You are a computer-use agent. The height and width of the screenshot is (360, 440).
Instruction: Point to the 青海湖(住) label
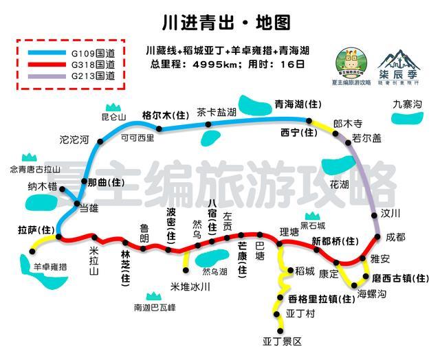pos(298,104)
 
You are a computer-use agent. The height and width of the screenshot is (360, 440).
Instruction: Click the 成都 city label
pos(396,236)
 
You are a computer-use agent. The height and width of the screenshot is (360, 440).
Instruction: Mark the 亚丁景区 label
pos(282,341)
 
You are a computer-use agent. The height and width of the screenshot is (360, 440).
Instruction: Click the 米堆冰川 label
pos(190,286)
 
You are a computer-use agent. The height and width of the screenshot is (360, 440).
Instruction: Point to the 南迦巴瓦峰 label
pos(155,308)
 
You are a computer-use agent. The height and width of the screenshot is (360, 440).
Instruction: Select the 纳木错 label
pos(42,186)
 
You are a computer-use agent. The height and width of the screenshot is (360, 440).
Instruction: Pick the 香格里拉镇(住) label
pos(313,298)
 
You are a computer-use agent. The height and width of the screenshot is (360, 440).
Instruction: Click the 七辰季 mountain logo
pos(400,60)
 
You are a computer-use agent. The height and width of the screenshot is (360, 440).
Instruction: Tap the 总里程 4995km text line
pos(226,64)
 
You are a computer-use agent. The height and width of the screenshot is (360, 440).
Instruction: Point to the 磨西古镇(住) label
pos(400,278)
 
